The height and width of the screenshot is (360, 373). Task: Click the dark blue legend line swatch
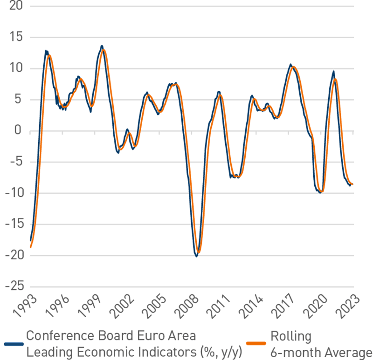(x=14, y=344)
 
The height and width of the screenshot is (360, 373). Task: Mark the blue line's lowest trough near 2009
(x=196, y=256)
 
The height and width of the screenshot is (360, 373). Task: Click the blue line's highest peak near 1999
(x=102, y=46)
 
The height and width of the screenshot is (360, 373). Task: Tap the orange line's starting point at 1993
(x=30, y=247)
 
